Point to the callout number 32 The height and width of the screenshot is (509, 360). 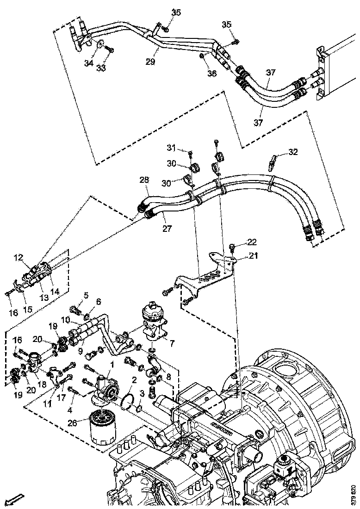pyautogui.click(x=293, y=152)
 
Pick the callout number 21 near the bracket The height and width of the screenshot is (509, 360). pyautogui.click(x=253, y=255)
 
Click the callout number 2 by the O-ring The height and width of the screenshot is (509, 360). pyautogui.click(x=134, y=380)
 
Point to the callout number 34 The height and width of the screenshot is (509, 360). pyautogui.click(x=89, y=63)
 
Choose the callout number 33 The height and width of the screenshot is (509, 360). pyautogui.click(x=101, y=68)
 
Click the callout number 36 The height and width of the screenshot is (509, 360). pyautogui.click(x=211, y=73)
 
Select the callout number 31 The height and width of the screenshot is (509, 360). pyautogui.click(x=172, y=148)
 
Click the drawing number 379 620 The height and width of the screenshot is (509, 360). pyautogui.click(x=354, y=495)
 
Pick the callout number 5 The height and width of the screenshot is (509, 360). pyautogui.click(x=86, y=295)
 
